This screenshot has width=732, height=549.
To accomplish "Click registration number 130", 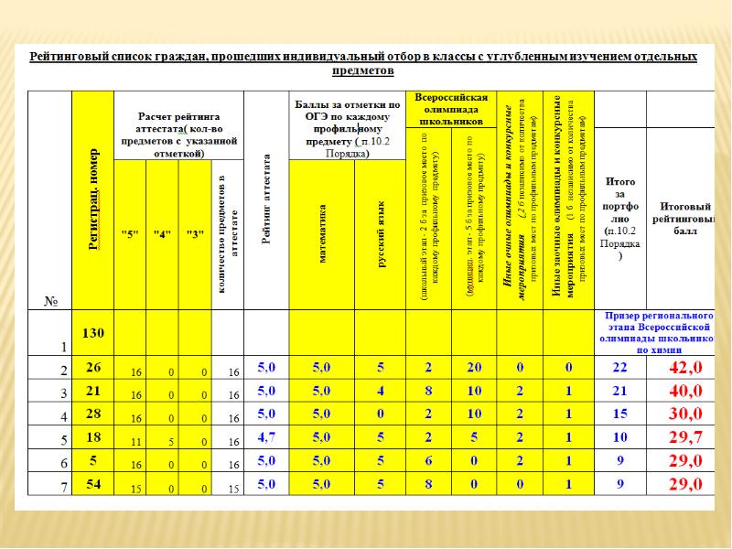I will pos(94,334).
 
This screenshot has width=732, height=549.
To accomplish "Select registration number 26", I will pos(94,367).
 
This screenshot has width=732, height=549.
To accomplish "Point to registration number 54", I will pos(94,484).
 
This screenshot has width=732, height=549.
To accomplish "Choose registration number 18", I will pos(94,437).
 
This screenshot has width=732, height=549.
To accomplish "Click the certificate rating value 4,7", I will pos(266,437).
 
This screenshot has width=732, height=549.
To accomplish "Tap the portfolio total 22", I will pos(619,368).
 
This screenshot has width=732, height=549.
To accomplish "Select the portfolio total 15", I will pos(619,414).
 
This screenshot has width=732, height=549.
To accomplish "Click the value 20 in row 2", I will pos(474,368).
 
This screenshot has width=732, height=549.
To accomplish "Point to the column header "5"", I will pos(131,233).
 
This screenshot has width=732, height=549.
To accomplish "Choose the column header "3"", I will pos(195,233).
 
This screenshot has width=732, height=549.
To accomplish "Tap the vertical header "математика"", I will pos(321,234).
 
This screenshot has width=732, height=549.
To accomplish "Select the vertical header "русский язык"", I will pos(381,234).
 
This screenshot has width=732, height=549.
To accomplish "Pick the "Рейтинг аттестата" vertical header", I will pos(266,201).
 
